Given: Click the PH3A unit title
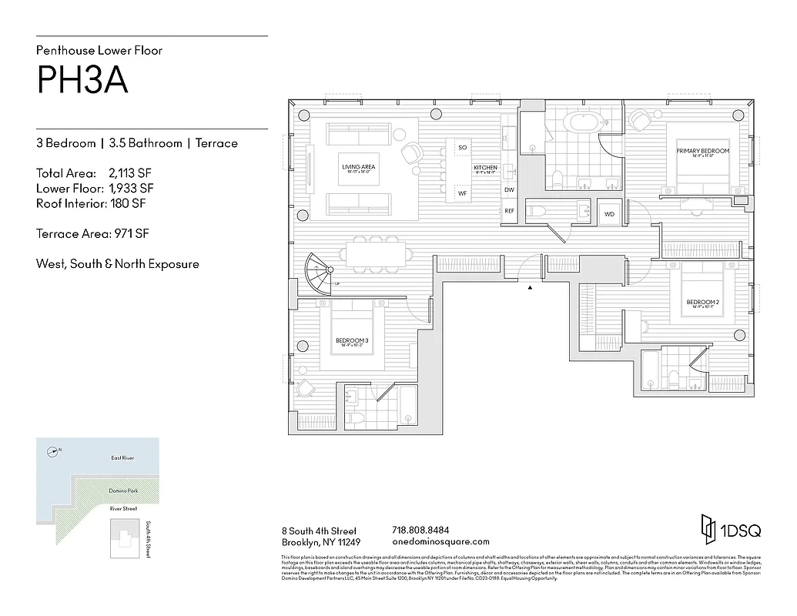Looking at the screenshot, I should pos(82,80).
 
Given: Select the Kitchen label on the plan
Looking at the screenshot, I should pos(485,168).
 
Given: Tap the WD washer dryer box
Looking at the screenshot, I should pos(610,214).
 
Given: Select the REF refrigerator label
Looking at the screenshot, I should pos(509,211).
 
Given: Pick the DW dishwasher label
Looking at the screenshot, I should pos(509,189).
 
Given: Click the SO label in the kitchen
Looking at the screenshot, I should pos(463,147).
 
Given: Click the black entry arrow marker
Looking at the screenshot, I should pos(530,287).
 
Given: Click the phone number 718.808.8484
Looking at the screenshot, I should pos(420,531).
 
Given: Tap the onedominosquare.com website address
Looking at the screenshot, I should pos(440,541).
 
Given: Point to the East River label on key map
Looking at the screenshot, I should pos(122,458).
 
